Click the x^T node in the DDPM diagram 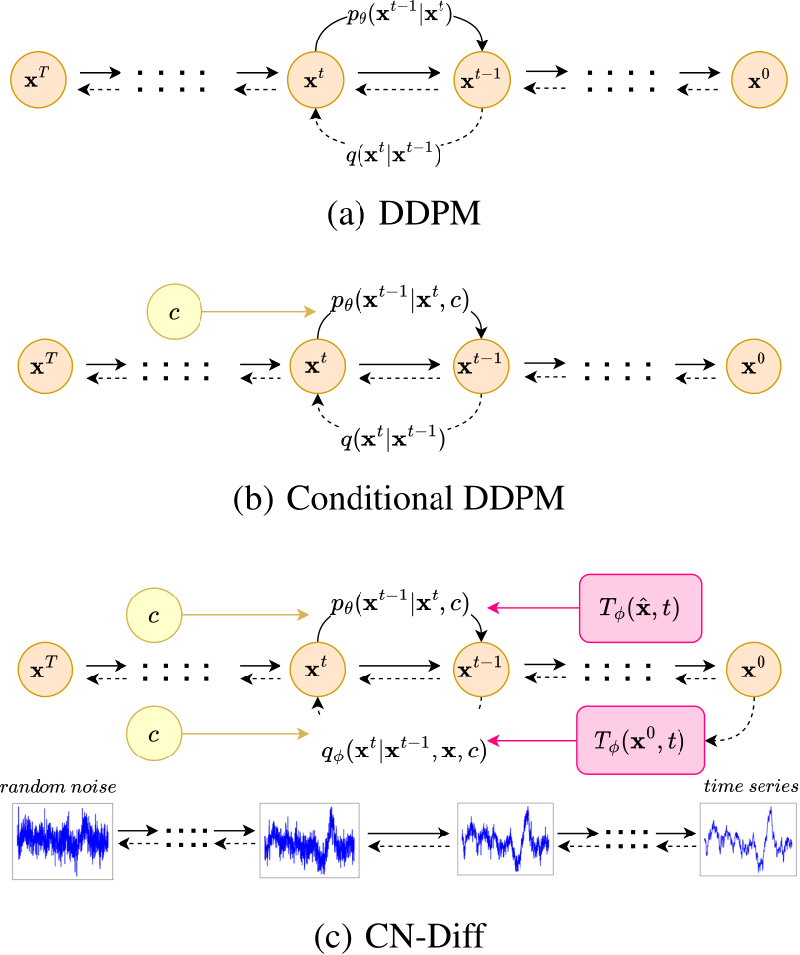(x=37, y=78)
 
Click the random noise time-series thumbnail (x=61, y=840)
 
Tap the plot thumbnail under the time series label (x=747, y=840)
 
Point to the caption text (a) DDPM (x=400, y=212)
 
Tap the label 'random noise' (x=58, y=786)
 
